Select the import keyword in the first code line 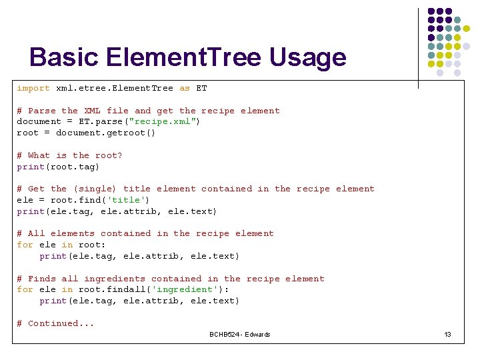33,88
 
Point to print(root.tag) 59,167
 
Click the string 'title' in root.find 128,200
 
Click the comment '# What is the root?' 69,155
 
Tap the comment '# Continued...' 55,323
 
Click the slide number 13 447,334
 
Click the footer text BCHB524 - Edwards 240,334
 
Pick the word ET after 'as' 201,88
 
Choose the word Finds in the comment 41,279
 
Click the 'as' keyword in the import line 185,88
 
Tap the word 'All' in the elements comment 36,233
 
